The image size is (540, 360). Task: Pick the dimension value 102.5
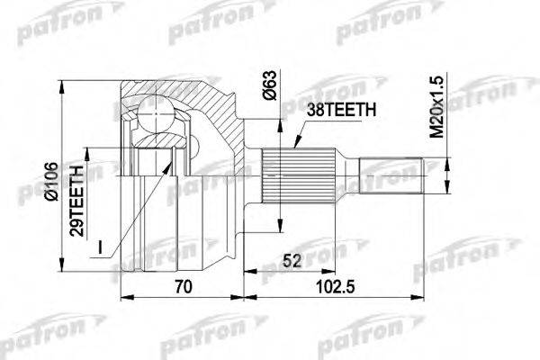tap(338, 288)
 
